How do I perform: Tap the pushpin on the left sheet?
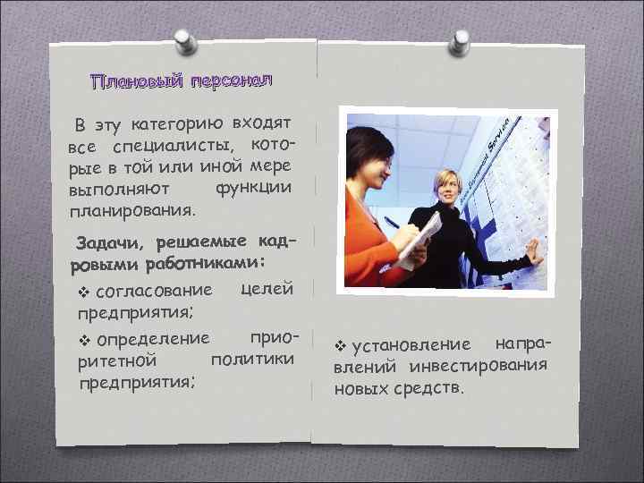click(184, 41)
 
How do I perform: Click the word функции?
click(253, 187)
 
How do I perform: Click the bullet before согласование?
click(85, 292)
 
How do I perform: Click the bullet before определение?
click(86, 340)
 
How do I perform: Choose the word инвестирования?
click(478, 366)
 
